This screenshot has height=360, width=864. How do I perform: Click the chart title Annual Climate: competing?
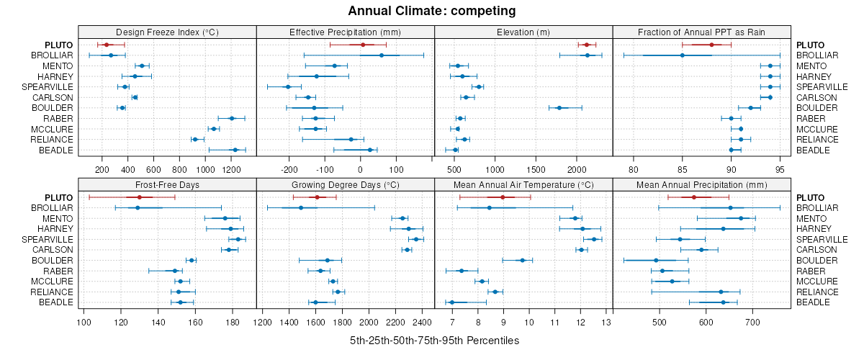tap(432, 11)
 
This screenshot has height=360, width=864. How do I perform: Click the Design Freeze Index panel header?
tap(167, 32)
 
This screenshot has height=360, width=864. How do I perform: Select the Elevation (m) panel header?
tap(523, 32)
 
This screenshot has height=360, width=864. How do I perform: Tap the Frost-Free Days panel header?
tap(167, 185)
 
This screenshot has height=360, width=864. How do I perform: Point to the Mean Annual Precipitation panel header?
tap(701, 185)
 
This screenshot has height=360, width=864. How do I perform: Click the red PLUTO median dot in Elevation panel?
tap(586, 45)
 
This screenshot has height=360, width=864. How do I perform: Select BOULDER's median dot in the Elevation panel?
tap(559, 108)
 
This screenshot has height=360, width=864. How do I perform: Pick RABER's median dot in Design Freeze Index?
tap(232, 118)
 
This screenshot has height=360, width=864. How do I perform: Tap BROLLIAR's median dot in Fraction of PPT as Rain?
tap(683, 55)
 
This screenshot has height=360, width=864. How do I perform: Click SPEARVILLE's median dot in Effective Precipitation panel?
tap(288, 87)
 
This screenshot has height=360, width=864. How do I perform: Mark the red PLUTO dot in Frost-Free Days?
tap(139, 197)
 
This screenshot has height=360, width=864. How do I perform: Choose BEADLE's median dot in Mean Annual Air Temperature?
tap(452, 302)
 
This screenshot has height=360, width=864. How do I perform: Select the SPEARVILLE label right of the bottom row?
tap(817, 239)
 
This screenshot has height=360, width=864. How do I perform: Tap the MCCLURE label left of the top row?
tap(53, 129)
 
